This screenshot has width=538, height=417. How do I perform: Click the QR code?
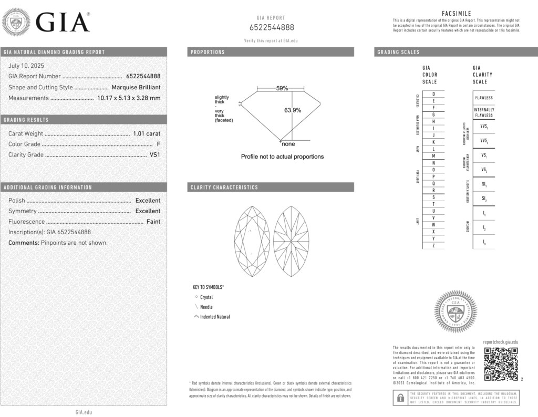tap(501, 363)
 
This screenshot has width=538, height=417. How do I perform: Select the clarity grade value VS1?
tap(155, 155)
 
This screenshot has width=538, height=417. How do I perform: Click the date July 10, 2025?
tap(26, 66)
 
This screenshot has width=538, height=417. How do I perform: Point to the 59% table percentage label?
tap(282, 88)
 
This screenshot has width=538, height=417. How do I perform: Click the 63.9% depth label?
tap(293, 110)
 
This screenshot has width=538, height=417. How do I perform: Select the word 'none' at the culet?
tap(288, 144)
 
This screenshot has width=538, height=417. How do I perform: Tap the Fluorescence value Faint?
tap(153, 222)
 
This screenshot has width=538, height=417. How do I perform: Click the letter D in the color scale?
tap(433, 94)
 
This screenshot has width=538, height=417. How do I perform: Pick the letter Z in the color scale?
tap(433, 246)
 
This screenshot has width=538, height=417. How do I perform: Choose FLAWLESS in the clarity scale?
tap(484, 98)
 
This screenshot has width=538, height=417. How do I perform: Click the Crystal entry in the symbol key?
tap(206, 297)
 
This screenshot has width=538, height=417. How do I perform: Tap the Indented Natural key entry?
tap(215, 317)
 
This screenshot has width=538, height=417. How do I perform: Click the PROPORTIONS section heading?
tap(208, 52)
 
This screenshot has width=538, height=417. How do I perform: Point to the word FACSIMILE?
tap(456, 14)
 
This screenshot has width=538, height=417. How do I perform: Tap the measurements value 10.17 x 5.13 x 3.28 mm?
tap(129, 98)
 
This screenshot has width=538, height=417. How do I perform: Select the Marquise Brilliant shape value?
tap(136, 87)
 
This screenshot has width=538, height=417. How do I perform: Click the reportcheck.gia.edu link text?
tap(500, 342)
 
